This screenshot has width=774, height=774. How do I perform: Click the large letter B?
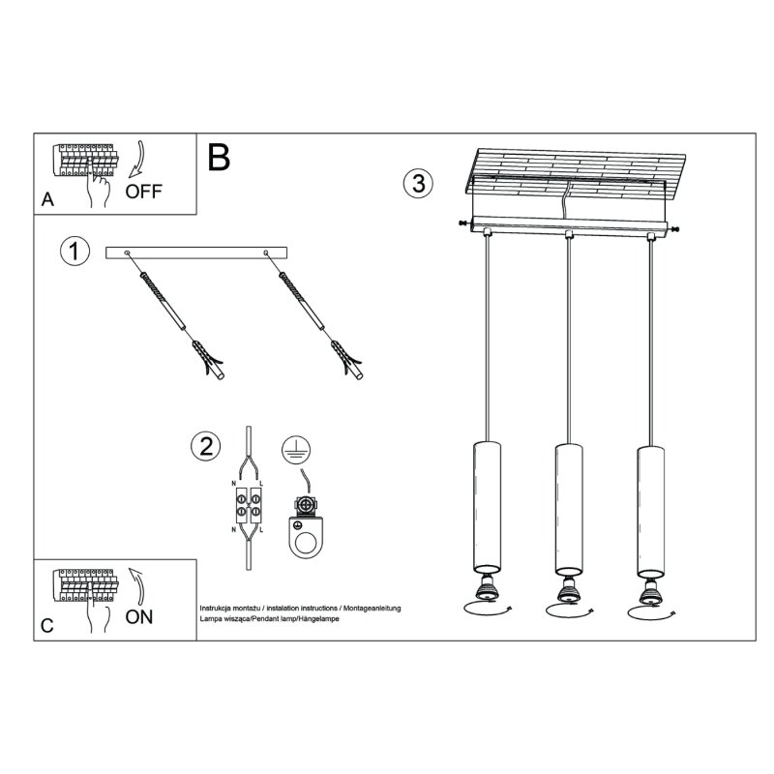[x=219, y=157]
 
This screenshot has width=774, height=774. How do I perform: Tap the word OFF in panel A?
[x=144, y=191]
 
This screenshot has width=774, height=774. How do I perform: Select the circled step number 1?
[x=74, y=252]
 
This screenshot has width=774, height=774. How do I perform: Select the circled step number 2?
[x=204, y=447]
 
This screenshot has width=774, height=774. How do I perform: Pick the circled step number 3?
[x=416, y=184]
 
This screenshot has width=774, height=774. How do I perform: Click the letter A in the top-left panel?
[x=47, y=200]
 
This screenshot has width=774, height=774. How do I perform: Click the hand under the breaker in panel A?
[x=97, y=191]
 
